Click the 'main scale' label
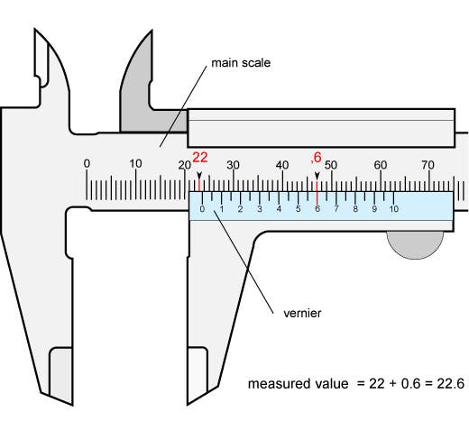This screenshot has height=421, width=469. (x=241, y=63)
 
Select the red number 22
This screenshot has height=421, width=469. (x=200, y=157)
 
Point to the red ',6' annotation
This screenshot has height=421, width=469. (x=316, y=157)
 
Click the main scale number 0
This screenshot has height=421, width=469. (x=87, y=164)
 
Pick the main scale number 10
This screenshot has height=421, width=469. (x=135, y=164)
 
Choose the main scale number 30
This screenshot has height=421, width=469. (x=234, y=165)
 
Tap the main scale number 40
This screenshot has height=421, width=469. (x=282, y=165)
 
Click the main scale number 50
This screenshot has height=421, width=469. (x=331, y=165)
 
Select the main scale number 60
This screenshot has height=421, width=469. (x=381, y=165)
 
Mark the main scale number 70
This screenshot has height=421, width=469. (x=429, y=165)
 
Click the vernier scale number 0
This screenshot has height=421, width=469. (x=202, y=209)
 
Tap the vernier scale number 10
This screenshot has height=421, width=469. (x=393, y=209)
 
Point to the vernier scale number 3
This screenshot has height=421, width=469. (x=260, y=209)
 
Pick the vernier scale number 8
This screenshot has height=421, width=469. (x=355, y=209)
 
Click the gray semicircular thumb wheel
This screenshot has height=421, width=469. (x=415, y=243)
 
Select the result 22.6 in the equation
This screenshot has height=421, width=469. (x=448, y=383)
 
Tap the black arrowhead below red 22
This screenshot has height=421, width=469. (x=199, y=174)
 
